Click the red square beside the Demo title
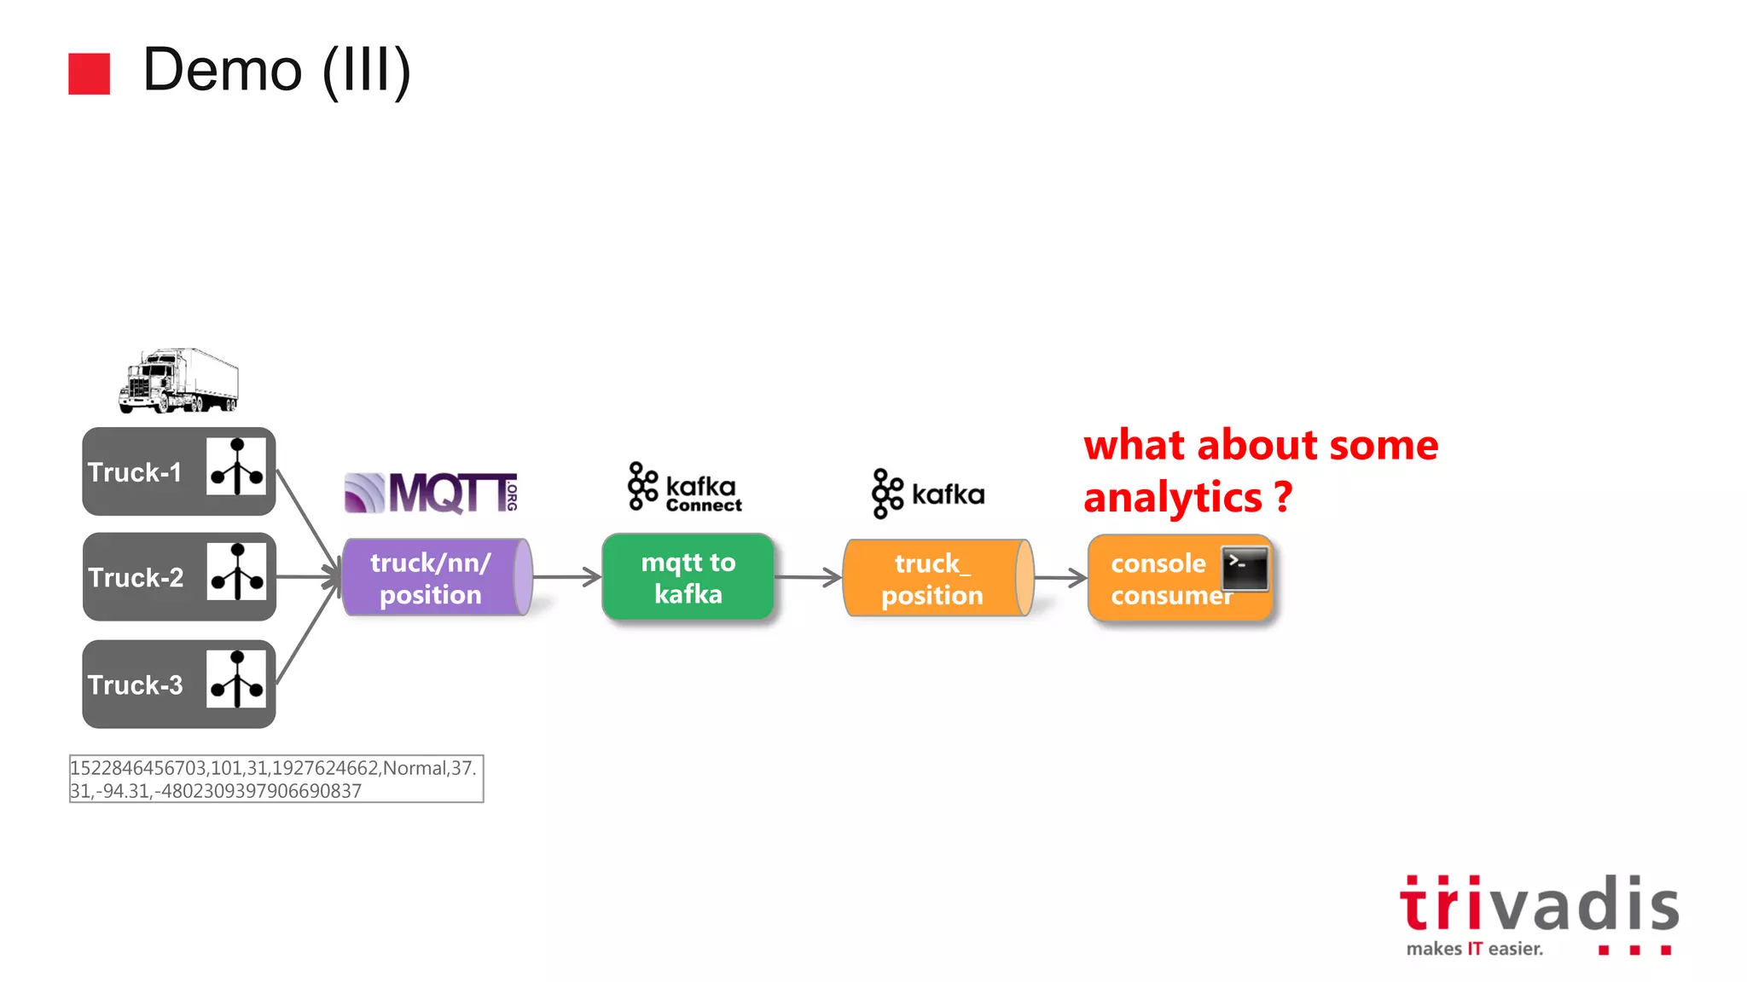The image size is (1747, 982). (89, 73)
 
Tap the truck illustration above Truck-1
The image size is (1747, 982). (178, 380)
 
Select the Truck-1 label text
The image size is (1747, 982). (135, 472)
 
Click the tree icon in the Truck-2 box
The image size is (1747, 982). (237, 572)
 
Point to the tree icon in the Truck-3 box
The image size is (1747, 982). (236, 679)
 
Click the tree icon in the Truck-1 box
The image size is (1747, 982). (236, 466)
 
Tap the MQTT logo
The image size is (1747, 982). (431, 493)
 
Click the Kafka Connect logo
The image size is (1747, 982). (685, 488)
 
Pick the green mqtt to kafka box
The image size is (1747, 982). (688, 577)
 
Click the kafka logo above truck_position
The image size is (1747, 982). (928, 494)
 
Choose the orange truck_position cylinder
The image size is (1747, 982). (937, 578)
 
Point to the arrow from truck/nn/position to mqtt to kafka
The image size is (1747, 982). (566, 577)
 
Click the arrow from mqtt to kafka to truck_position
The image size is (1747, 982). (808, 577)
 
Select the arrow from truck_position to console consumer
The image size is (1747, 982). (1060, 578)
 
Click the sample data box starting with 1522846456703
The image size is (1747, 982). (276, 778)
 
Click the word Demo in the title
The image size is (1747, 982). (223, 70)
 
